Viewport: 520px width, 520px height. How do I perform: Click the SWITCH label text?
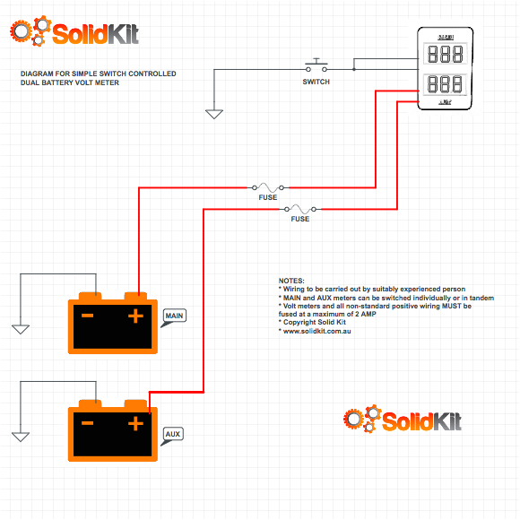(316, 82)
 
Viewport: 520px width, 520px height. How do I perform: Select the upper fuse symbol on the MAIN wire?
(268, 187)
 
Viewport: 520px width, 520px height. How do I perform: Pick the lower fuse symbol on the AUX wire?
(300, 209)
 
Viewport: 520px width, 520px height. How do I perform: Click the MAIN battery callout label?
(175, 317)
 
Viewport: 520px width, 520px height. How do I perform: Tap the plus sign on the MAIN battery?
(135, 316)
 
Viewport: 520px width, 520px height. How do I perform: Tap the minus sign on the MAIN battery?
(88, 316)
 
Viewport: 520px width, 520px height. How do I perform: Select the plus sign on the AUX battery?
(135, 423)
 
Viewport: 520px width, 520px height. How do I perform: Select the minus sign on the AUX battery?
(88, 423)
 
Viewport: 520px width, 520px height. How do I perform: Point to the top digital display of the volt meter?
(446, 54)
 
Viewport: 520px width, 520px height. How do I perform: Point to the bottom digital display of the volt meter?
(446, 86)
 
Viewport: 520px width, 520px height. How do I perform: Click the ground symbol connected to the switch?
(213, 114)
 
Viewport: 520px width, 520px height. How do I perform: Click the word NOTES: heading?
(291, 281)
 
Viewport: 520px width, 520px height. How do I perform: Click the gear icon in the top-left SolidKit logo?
(30, 33)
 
